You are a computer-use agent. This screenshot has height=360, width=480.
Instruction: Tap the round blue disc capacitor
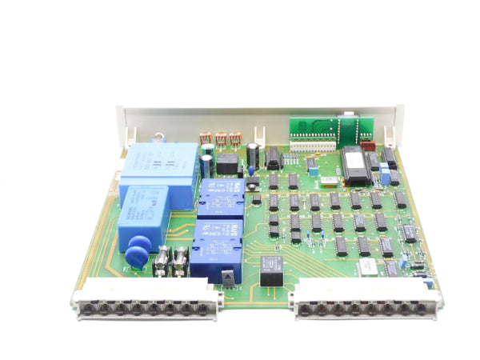(137, 256)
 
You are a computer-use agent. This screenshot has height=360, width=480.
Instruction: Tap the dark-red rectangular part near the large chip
(369, 146)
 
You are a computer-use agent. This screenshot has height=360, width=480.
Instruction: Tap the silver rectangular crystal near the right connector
(367, 266)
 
